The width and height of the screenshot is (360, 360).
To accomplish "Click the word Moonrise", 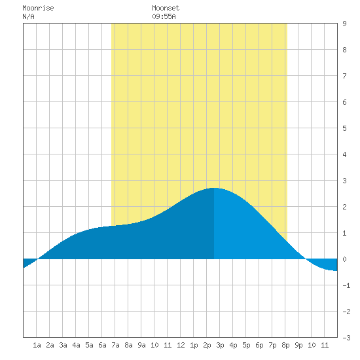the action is (x=38, y=8).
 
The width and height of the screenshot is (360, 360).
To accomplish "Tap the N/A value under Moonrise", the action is (x=28, y=16).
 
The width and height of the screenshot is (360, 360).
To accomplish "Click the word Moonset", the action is (x=166, y=8).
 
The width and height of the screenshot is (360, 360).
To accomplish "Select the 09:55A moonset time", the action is (x=164, y=16).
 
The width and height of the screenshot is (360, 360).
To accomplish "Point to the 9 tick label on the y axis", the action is (x=344, y=24).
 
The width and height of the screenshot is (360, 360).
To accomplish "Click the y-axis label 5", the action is (x=344, y=128).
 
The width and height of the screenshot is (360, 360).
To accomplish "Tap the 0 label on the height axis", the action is (x=344, y=259).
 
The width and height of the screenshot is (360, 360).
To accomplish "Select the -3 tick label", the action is (x=346, y=338).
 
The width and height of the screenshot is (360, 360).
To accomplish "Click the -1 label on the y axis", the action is (x=346, y=285).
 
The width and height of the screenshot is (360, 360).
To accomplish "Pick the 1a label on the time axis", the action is (x=37, y=345).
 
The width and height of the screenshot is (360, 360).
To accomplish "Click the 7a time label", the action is (x=115, y=345).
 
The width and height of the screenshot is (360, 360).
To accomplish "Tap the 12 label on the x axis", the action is (x=181, y=345).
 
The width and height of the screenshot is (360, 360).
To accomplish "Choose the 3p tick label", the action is (x=220, y=345).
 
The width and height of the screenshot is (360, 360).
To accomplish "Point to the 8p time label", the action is (x=285, y=345).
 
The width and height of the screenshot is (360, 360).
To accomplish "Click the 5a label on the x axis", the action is (x=89, y=345).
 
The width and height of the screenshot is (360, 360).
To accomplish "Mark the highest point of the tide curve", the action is (x=214, y=188).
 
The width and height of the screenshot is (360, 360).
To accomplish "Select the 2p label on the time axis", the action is (x=207, y=345).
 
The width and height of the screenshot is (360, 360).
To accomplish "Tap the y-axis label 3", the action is (x=344, y=181).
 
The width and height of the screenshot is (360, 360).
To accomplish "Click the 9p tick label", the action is (x=298, y=345).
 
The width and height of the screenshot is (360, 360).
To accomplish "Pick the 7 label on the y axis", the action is (x=344, y=76).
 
